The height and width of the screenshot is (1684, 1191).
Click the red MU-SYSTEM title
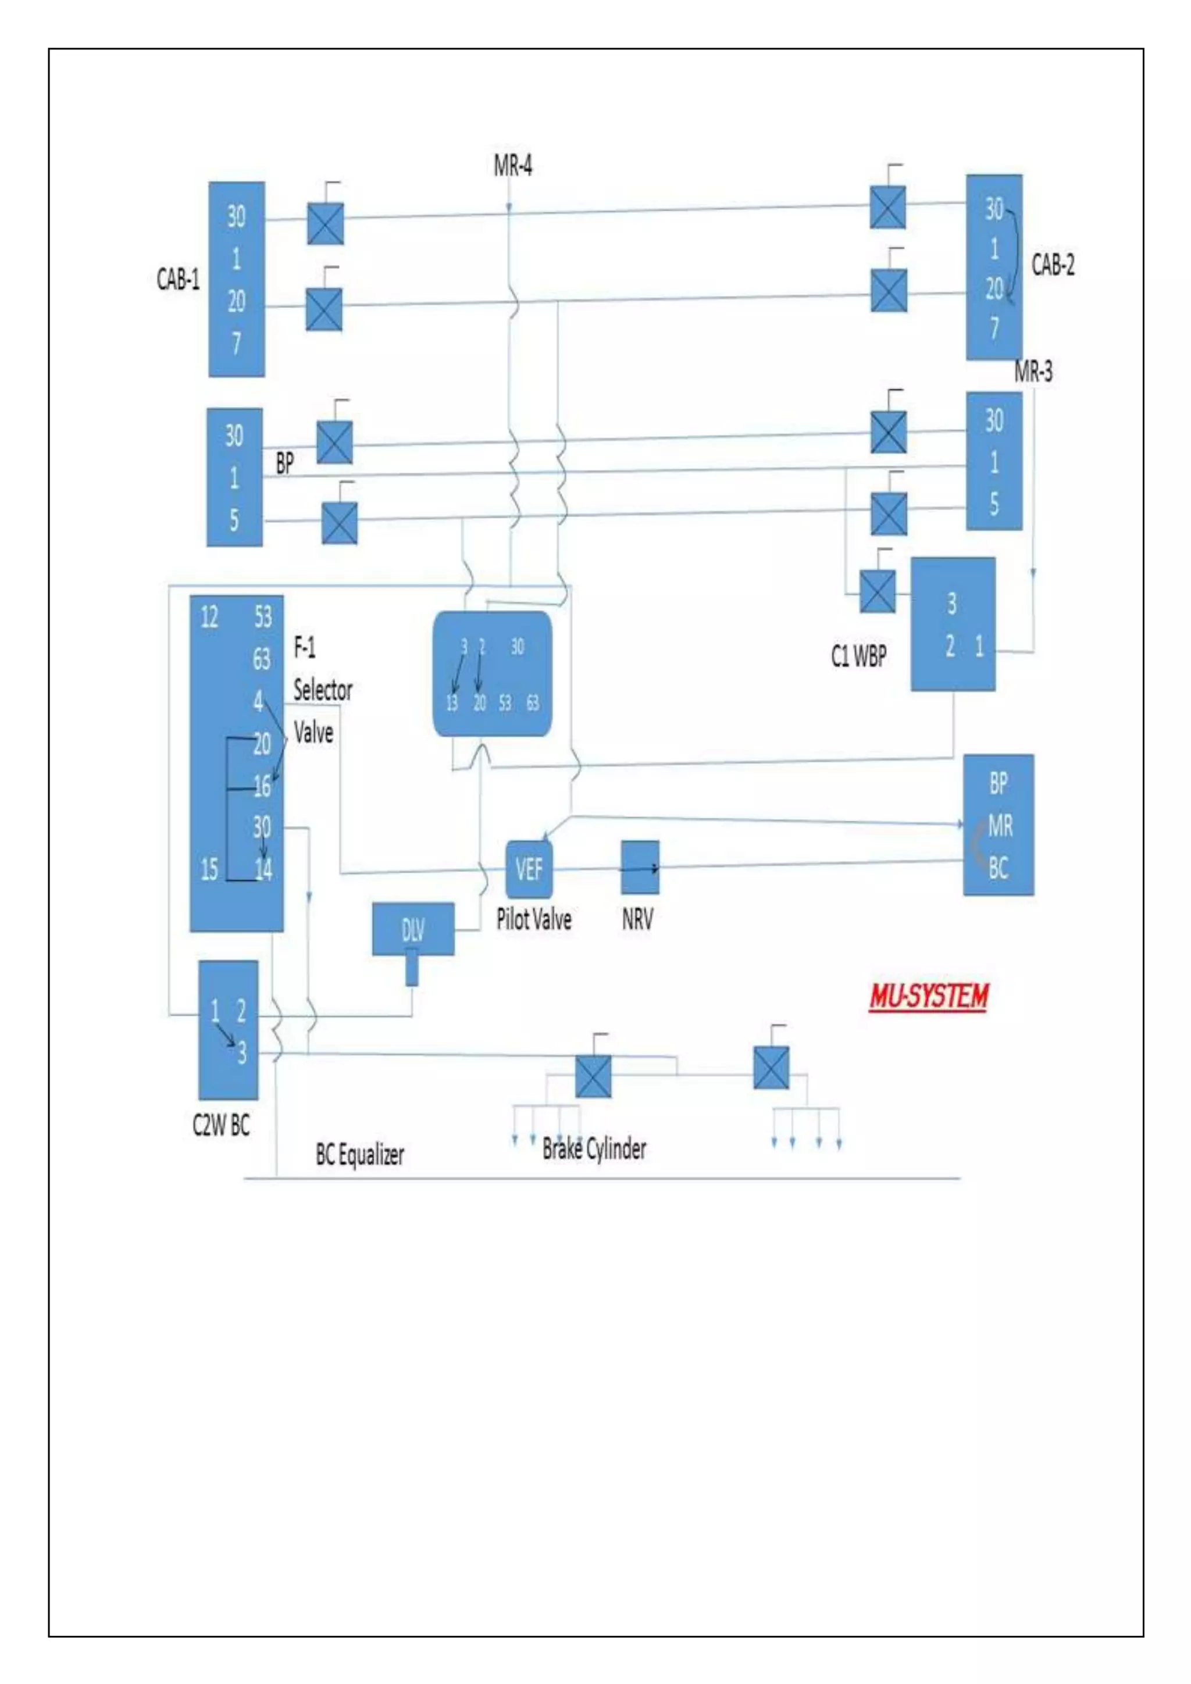(929, 997)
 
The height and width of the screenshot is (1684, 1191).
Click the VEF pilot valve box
(529, 869)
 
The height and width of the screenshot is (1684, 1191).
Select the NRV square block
(640, 868)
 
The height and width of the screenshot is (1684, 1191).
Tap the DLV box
(413, 929)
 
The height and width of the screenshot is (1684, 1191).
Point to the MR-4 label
(512, 166)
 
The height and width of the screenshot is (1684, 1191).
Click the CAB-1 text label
(178, 279)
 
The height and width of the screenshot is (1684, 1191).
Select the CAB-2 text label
(1053, 265)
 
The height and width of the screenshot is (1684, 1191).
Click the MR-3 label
(1033, 372)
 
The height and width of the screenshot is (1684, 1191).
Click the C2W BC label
(221, 1125)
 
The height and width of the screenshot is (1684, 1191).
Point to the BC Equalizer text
(359, 1154)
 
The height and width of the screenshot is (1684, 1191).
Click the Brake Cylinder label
(594, 1148)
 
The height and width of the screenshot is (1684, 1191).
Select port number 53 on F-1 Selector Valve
(262, 617)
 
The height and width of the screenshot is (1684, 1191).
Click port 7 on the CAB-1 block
(236, 342)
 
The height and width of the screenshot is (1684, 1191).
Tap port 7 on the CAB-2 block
(994, 327)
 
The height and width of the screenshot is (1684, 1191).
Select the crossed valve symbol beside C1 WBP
(877, 591)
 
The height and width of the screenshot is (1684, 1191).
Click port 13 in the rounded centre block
(452, 702)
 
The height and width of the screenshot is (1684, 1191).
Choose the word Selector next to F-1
(323, 690)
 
